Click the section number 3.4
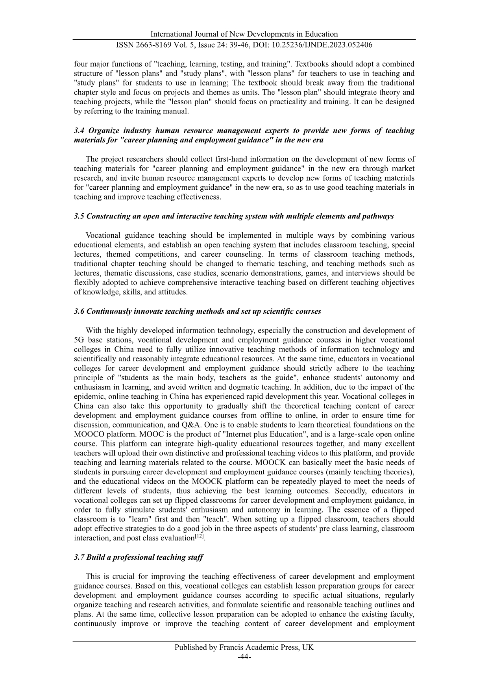pos(79,131)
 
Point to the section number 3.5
pos(79,216)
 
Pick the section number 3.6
pos(79,311)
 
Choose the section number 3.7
pos(79,557)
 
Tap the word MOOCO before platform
pos(87,435)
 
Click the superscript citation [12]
pos(200,536)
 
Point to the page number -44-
pos(244,657)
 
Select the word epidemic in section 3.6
pos(88,397)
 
